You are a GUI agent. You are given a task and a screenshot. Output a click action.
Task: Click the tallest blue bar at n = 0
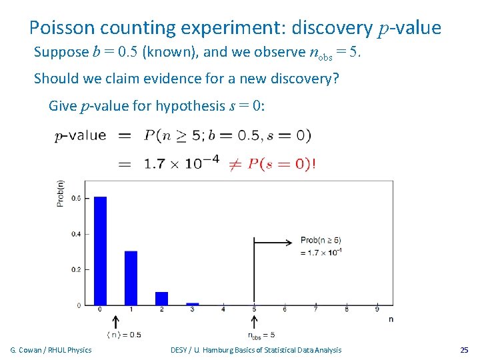pyautogui.click(x=100, y=250)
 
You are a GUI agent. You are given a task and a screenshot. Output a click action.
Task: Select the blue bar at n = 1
pyautogui.click(x=131, y=277)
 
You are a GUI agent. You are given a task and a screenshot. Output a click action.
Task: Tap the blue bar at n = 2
pyautogui.click(x=161, y=298)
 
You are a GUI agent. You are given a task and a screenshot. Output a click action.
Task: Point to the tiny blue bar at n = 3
pyautogui.click(x=192, y=303)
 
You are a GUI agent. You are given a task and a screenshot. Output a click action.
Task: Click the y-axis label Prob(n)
pyautogui.click(x=61, y=193)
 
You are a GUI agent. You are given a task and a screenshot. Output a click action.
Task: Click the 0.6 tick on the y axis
pyautogui.click(x=77, y=198)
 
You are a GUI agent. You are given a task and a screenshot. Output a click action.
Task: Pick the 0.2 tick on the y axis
pyautogui.click(x=77, y=269)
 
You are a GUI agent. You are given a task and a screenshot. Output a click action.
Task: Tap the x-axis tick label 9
pyautogui.click(x=377, y=309)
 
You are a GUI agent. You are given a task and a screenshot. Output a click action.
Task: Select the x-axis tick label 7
pyautogui.click(x=315, y=309)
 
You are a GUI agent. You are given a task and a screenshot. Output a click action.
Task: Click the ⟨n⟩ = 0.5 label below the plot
pyautogui.click(x=123, y=334)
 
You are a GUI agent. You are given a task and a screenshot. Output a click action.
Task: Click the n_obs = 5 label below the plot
pyautogui.click(x=261, y=335)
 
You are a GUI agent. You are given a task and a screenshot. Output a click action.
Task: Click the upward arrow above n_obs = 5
pyautogui.click(x=254, y=321)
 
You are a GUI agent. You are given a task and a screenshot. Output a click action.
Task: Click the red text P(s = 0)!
pyautogui.click(x=281, y=164)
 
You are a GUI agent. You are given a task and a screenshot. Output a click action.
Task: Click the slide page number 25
pyautogui.click(x=464, y=350)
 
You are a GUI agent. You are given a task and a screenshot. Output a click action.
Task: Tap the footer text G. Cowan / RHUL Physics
pyautogui.click(x=51, y=350)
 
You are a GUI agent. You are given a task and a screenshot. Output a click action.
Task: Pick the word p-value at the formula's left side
pyautogui.click(x=80, y=135)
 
